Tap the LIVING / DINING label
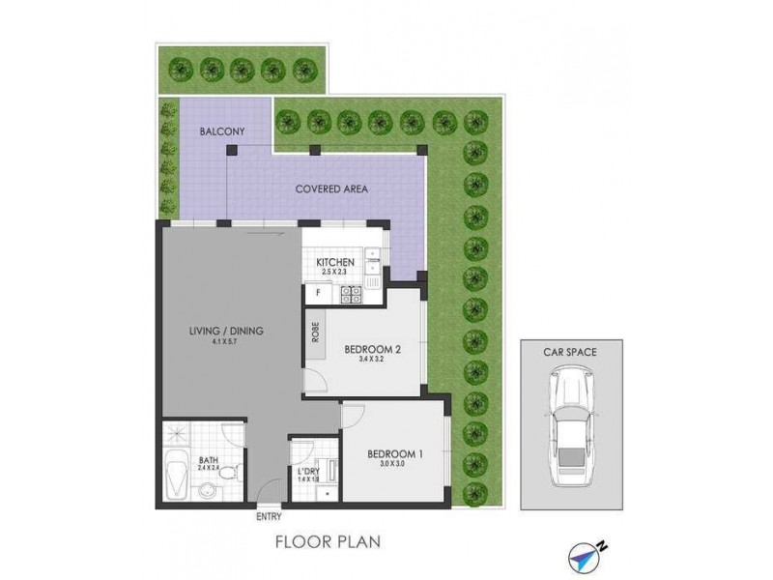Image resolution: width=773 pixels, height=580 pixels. point(226,332)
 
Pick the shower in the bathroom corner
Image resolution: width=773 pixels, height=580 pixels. point(177,435)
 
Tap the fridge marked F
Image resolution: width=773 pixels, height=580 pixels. point(317,292)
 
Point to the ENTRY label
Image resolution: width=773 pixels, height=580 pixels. point(270,516)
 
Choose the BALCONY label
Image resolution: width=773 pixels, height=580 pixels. point(220,131)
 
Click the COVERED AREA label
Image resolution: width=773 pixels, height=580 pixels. point(331,188)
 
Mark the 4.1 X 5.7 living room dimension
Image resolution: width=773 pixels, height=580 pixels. point(226,341)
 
